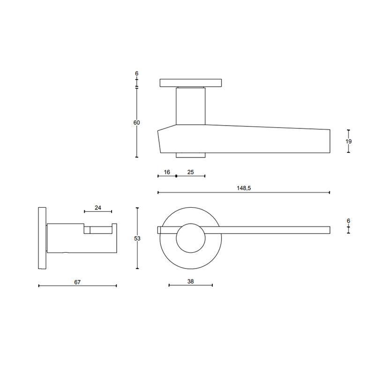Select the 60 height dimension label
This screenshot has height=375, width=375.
[x=137, y=123]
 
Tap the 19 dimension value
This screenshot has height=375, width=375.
[x=348, y=141]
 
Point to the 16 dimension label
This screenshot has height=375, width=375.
[x=166, y=172]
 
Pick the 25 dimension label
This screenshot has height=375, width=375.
[x=191, y=172]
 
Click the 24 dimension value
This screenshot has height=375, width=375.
[x=98, y=208]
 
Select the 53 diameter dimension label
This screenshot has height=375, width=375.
[x=137, y=238]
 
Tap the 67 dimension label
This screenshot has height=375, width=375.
[x=78, y=282]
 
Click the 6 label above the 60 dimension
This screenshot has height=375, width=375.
[x=137, y=74]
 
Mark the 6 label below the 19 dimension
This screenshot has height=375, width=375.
[x=348, y=221]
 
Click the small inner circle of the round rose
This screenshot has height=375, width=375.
[x=190, y=238]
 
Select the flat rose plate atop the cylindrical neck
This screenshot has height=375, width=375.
[x=190, y=83]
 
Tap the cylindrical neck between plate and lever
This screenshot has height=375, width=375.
[x=190, y=106]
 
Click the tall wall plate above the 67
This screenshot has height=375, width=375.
[x=42, y=238]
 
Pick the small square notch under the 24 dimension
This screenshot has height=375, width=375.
[x=87, y=229]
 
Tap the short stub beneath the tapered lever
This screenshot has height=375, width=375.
[x=190, y=155]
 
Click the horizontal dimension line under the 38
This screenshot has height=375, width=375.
[x=191, y=285]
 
